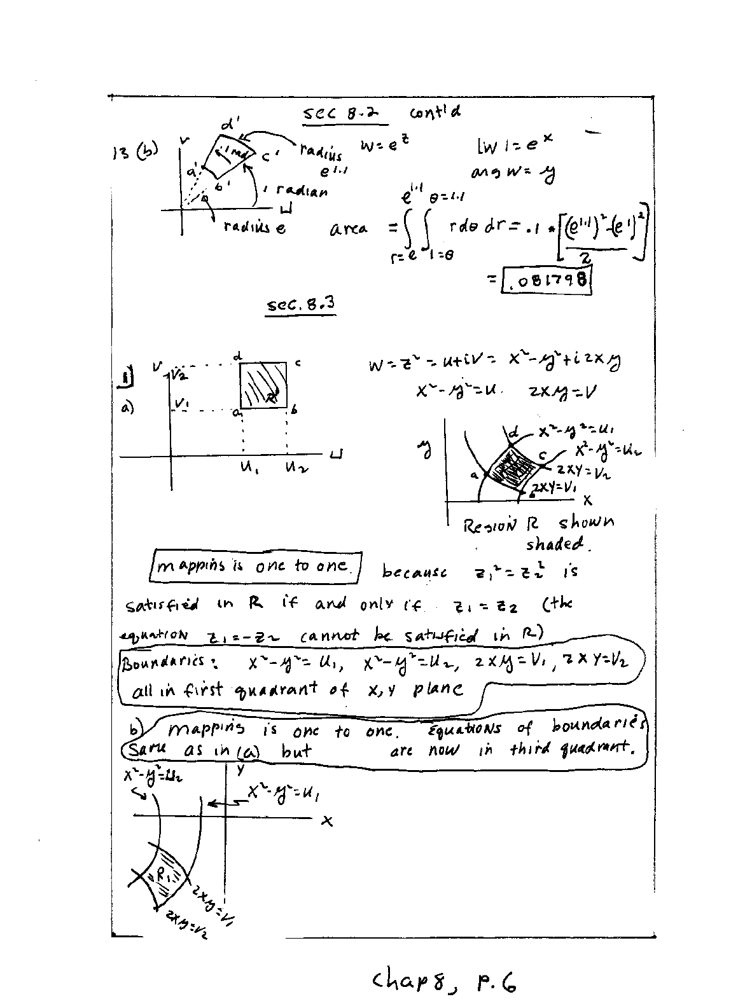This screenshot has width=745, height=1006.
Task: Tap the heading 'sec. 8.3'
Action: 300,305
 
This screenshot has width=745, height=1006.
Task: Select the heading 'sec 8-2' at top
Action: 337,114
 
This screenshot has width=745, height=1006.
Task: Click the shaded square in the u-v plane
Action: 264,385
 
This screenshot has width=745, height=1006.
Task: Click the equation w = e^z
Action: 384,146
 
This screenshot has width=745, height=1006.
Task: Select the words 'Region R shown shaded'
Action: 540,533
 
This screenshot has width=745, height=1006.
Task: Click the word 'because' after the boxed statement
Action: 414,572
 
